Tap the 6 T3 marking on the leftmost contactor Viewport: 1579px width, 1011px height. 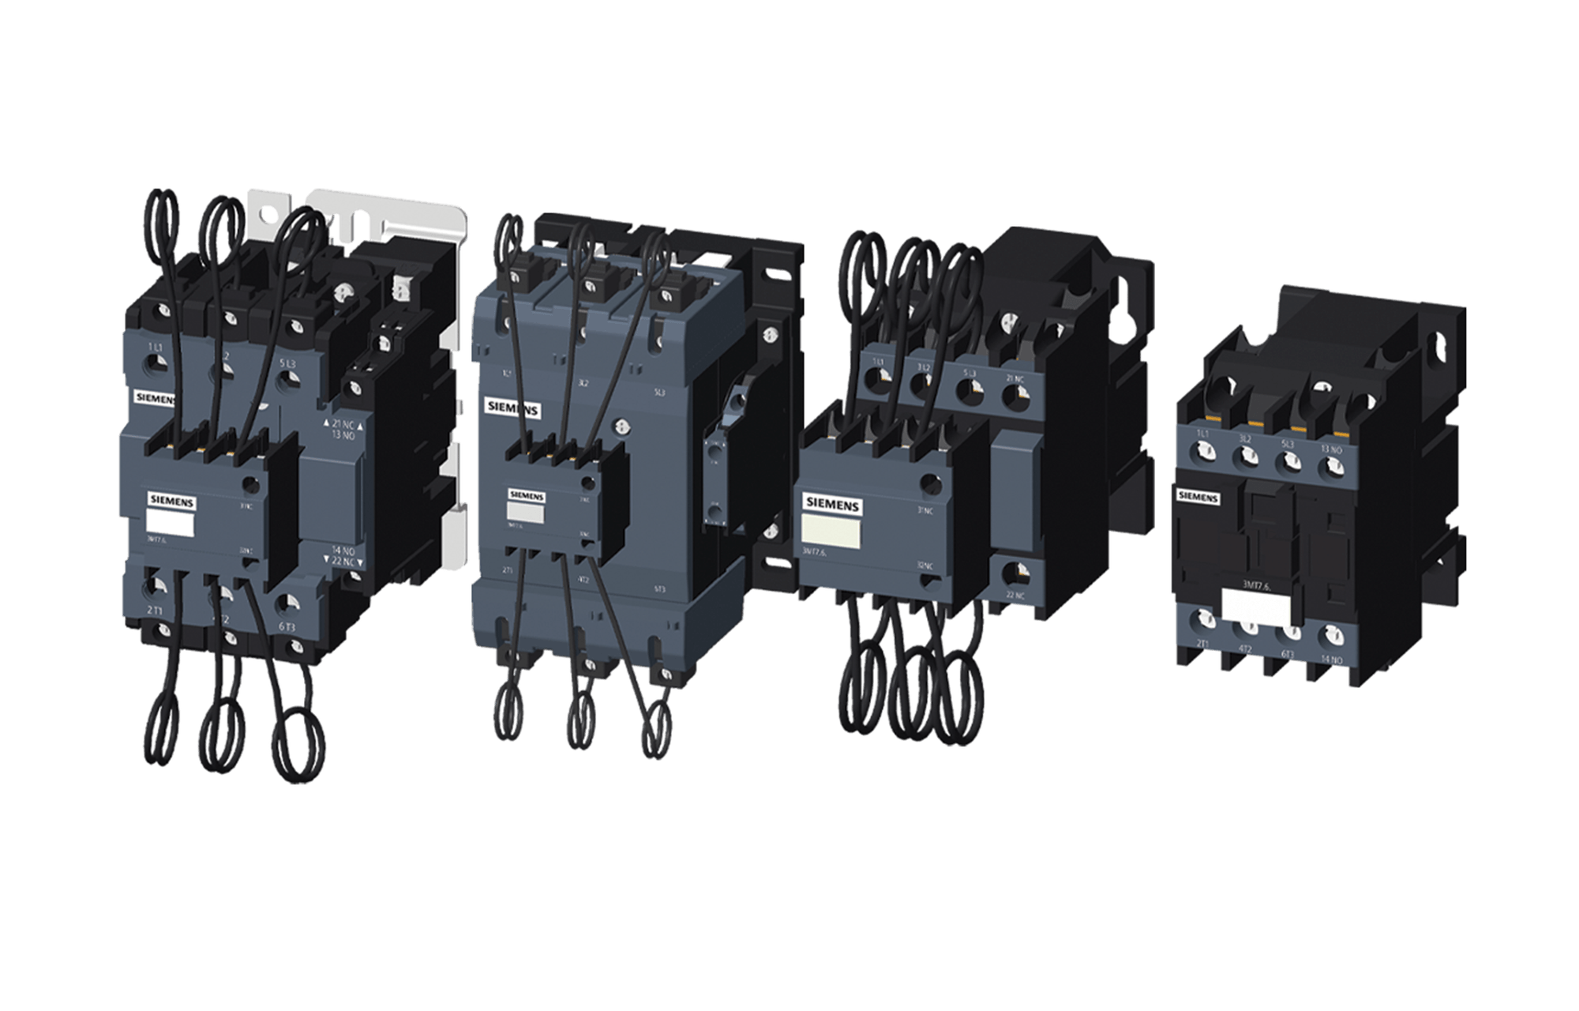click(x=286, y=627)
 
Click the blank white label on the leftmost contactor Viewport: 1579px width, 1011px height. click(x=170, y=522)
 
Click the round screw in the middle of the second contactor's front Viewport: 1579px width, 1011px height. click(x=622, y=426)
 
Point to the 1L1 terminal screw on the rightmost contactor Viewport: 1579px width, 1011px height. click(x=1202, y=453)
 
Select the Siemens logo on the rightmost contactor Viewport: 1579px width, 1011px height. click(x=1198, y=497)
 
